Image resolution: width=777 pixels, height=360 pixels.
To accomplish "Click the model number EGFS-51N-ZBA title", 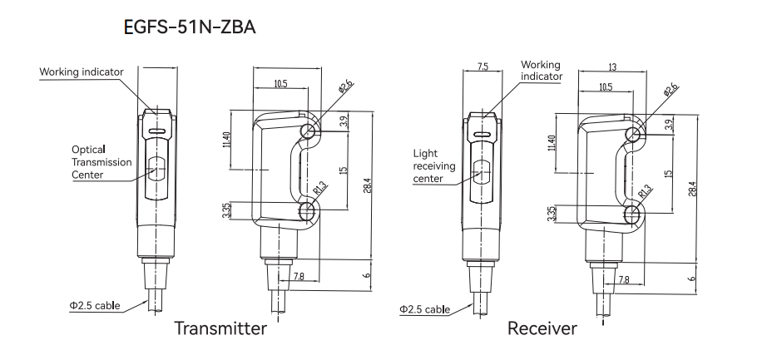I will (x=189, y=28).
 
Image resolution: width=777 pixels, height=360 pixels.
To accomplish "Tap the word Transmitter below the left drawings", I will (x=220, y=328).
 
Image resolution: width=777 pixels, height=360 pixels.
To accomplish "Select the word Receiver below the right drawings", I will (x=542, y=328).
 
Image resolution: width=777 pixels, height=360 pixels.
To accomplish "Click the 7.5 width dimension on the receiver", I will (x=483, y=67).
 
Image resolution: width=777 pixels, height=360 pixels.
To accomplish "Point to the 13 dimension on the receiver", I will (x=611, y=67).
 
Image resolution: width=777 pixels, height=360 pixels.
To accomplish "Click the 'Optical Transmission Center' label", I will (x=101, y=162).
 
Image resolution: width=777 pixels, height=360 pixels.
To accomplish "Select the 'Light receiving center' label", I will (x=434, y=165).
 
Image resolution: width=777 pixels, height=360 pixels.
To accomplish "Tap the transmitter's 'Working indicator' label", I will (x=81, y=72).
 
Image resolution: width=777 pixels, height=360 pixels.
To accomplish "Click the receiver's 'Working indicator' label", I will (x=541, y=70).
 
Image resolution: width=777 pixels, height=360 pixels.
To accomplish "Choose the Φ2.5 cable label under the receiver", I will (x=424, y=309).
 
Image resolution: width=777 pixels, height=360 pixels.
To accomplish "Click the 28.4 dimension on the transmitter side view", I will (x=366, y=186).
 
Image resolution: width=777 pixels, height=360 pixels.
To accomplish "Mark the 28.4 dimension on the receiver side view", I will (x=690, y=186).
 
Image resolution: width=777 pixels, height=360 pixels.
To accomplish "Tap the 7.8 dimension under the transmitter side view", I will (x=299, y=276).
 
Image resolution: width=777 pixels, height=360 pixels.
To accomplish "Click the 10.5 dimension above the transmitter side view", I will (x=280, y=84).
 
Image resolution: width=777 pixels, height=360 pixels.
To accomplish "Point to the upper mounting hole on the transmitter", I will (x=309, y=132).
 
